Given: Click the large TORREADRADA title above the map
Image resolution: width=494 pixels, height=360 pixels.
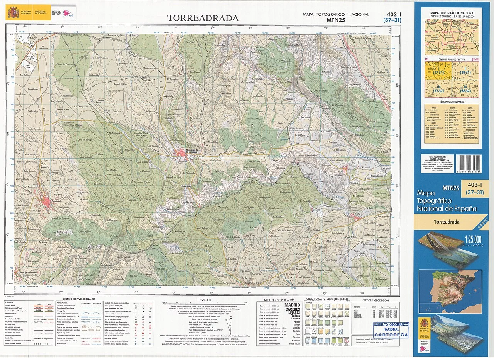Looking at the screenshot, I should coord(203,18).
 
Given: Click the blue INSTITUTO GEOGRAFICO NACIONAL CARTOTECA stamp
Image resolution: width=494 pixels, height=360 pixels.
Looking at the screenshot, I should coord(391,329).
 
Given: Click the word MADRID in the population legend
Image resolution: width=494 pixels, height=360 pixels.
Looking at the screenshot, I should coord(292,305).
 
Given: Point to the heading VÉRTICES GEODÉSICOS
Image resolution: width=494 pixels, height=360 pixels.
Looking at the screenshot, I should coord(376,300).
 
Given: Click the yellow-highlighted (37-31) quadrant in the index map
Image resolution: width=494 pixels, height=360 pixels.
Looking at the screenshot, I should coord(438,72).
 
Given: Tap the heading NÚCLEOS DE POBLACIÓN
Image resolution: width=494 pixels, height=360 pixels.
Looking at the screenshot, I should coord(279,300).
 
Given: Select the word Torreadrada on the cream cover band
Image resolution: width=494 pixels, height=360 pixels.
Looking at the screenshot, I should coord(447,222).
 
